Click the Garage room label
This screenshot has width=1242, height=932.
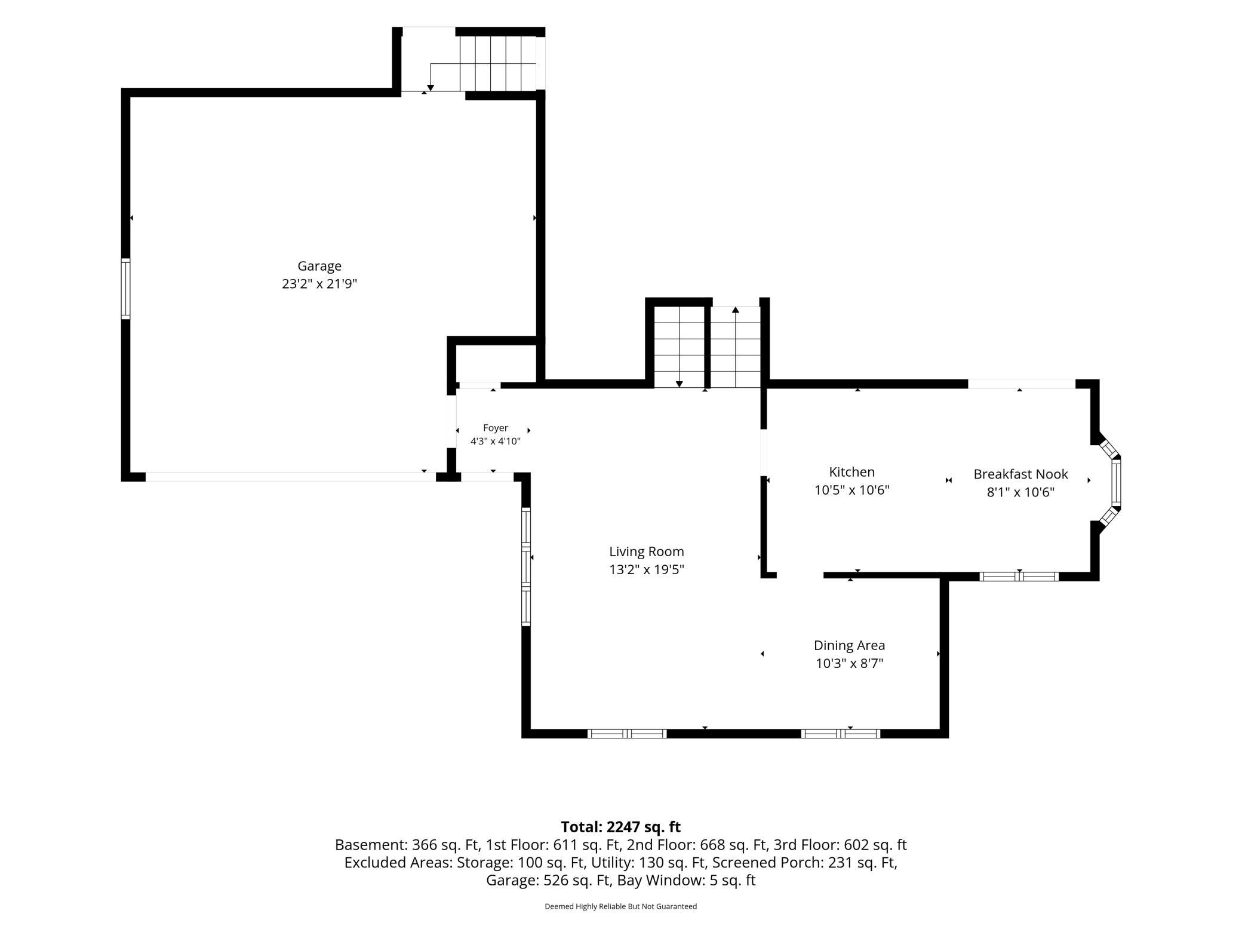319,266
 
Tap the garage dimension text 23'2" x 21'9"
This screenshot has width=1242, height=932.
319,284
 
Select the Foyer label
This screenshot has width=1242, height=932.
496,428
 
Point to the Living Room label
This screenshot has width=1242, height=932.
647,552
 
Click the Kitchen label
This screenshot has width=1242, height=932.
852,472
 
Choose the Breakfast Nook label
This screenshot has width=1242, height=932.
1020,474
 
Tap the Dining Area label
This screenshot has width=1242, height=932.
849,646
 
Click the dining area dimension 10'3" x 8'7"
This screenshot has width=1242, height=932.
849,663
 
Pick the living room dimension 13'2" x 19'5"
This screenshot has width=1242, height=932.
647,569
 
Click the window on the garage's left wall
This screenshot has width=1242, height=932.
125,289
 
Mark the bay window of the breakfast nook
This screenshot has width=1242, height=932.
1111,483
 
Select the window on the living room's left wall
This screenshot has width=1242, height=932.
526,566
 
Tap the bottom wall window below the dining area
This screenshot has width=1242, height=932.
840,734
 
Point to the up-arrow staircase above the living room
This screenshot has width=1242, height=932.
736,347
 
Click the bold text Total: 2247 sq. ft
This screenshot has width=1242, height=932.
620,827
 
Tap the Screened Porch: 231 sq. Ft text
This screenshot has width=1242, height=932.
804,863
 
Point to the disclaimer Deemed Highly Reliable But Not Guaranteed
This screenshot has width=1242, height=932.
620,906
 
